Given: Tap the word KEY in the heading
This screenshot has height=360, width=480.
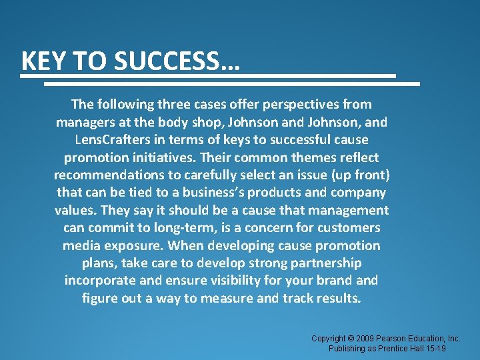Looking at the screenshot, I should [x=43, y=61].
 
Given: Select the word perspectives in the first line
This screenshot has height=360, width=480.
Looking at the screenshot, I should [x=286, y=105].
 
